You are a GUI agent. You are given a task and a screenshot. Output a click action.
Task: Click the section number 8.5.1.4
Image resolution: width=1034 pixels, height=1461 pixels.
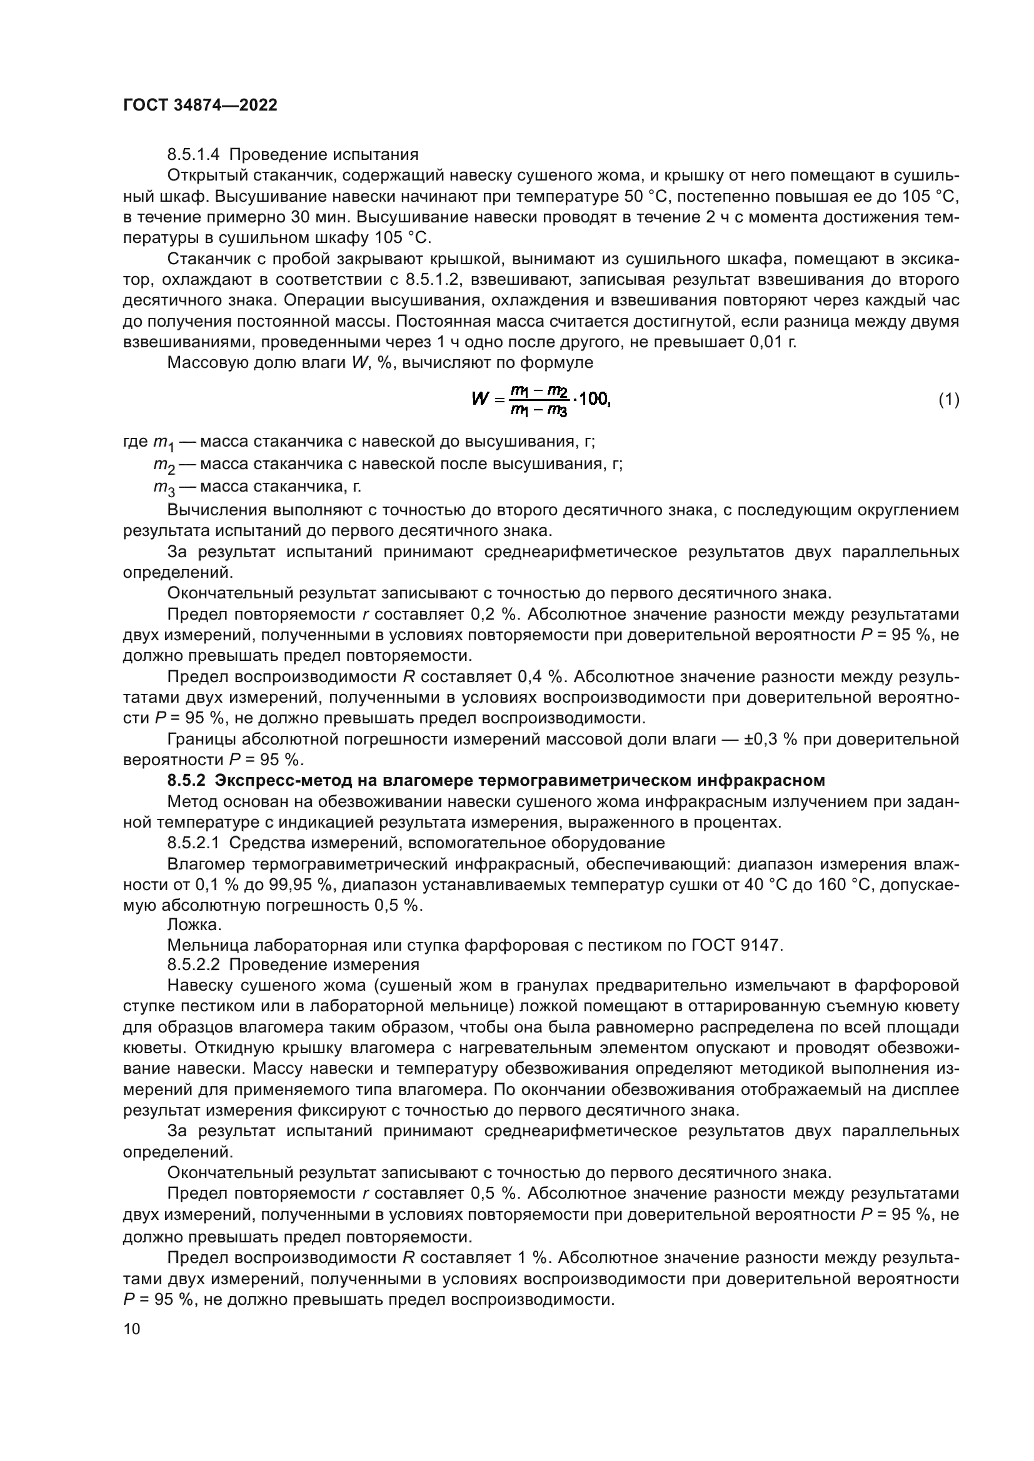(193, 155)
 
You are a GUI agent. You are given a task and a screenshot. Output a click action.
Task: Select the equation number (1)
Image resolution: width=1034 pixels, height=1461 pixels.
(949, 400)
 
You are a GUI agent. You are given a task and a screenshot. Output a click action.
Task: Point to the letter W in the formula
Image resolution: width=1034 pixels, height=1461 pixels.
(479, 399)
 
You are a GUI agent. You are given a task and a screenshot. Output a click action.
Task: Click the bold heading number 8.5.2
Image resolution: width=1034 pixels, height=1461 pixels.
(186, 780)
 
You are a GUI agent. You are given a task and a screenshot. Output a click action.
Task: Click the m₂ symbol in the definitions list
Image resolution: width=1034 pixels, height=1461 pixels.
(164, 465)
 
